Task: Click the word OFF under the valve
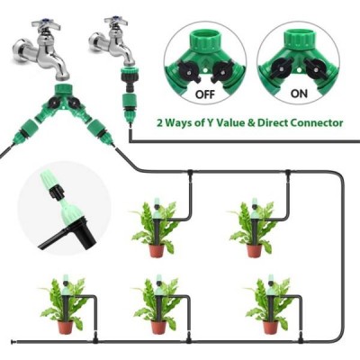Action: [205, 94]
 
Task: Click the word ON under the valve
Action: [299, 94]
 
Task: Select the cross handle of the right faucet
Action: [116, 21]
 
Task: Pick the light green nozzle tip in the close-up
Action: [48, 181]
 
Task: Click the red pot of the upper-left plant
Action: [157, 251]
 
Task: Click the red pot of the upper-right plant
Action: [255, 251]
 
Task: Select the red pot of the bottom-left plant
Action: [65, 328]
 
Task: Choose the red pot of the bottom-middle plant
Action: [158, 328]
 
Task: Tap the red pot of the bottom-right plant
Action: [270, 328]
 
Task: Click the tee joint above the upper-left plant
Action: [190, 173]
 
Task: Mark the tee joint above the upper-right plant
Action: [287, 173]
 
